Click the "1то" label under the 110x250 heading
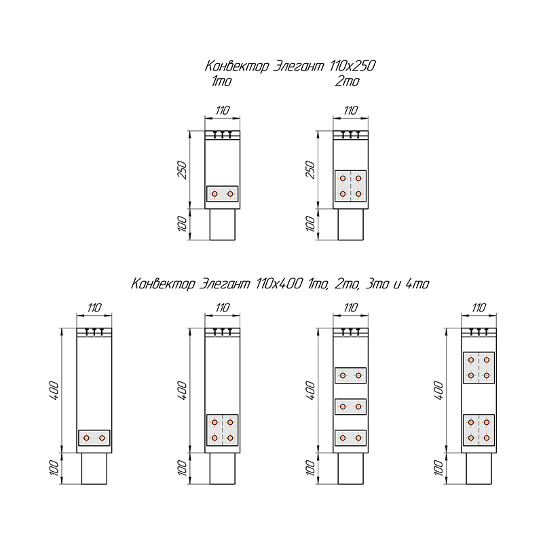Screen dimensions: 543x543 click(x=222, y=81)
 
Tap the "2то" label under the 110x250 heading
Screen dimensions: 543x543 click(x=348, y=81)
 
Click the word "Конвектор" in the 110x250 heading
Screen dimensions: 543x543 click(x=236, y=66)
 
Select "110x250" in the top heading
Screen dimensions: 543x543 click(x=352, y=65)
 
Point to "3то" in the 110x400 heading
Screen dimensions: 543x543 click(x=377, y=284)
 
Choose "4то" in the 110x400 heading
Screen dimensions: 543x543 click(x=417, y=284)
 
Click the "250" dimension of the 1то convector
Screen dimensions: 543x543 click(x=183, y=170)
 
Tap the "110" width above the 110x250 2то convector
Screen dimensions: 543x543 click(x=350, y=111)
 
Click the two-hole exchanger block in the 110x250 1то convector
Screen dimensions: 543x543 click(x=223, y=194)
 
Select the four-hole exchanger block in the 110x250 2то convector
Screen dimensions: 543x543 click(x=350, y=186)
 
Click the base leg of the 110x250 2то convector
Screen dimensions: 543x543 click(x=350, y=225)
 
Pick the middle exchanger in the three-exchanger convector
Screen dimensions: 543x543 click(x=350, y=407)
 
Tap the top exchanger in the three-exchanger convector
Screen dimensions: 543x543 click(x=350, y=375)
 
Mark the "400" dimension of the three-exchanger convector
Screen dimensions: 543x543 click(x=311, y=390)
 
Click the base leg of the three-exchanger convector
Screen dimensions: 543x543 click(x=350, y=468)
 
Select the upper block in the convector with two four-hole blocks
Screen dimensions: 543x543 click(x=479, y=368)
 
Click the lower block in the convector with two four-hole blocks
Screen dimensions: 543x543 click(x=479, y=430)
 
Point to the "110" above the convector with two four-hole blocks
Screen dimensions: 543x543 click(x=479, y=307)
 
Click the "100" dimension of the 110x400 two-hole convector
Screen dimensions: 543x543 click(x=54, y=468)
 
